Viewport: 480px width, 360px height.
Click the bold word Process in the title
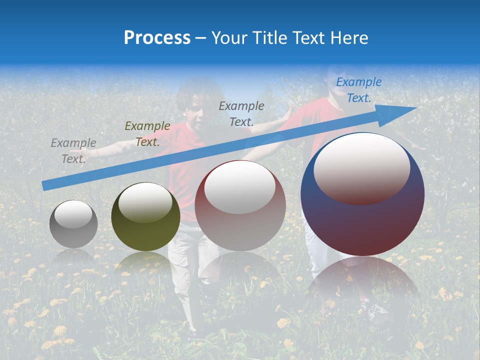pyautogui.click(x=157, y=38)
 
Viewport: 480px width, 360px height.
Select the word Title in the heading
pyautogui.click(x=270, y=38)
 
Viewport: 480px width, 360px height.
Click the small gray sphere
pyautogui.click(x=73, y=224)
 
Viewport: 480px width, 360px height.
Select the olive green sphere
pyautogui.click(x=145, y=217)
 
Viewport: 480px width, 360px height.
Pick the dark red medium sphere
pyautogui.click(x=240, y=206)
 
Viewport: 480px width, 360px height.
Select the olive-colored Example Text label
pyautogui.click(x=147, y=133)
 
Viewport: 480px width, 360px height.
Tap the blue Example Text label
pyautogui.click(x=358, y=90)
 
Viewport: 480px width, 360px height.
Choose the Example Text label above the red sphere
pyautogui.click(x=241, y=113)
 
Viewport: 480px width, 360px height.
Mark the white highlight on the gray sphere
pyautogui.click(x=73, y=214)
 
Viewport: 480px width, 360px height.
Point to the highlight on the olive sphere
pyautogui.click(x=145, y=202)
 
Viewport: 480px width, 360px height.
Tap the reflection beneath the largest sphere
pyautogui.click(x=362, y=280)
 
